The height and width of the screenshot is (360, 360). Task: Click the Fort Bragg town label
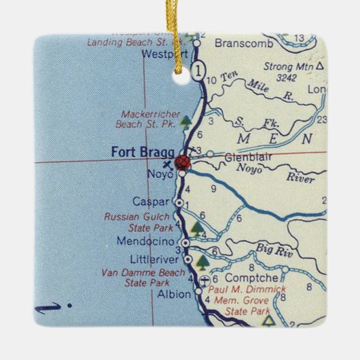(138, 151)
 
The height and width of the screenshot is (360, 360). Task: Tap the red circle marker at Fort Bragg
(182, 162)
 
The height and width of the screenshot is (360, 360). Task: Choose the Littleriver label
(156, 259)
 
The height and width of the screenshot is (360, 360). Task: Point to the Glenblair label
(242, 156)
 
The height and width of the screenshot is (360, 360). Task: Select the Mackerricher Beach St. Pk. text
(147, 120)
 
